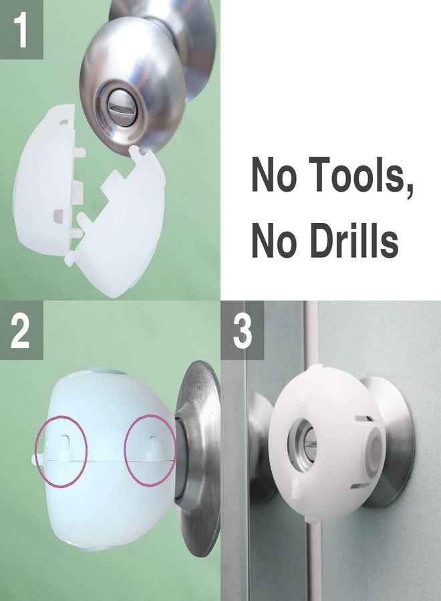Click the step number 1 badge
[x=21, y=29]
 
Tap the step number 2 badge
[x=21, y=331]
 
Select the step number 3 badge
[x=242, y=331]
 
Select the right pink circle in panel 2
[x=151, y=449]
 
